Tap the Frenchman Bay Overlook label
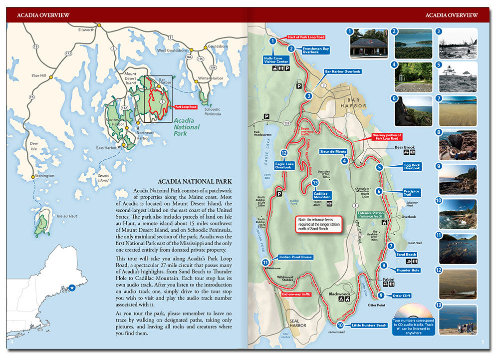pyautogui.click(x=316, y=50)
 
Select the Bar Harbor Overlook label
pyautogui.click(x=342, y=71)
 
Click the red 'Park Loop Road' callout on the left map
pyautogui.click(x=186, y=107)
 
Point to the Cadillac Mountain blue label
pyautogui.click(x=322, y=195)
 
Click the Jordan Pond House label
pyautogui.click(x=295, y=257)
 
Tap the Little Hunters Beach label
pyautogui.click(x=369, y=326)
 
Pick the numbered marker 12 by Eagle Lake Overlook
pyautogui.click(x=284, y=153)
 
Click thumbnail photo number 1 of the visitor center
pyautogui.click(x=369, y=43)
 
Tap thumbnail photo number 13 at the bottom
pyautogui.click(x=458, y=320)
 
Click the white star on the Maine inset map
pyautogui.click(x=72, y=288)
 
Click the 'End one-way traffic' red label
pyautogui.click(x=296, y=295)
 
